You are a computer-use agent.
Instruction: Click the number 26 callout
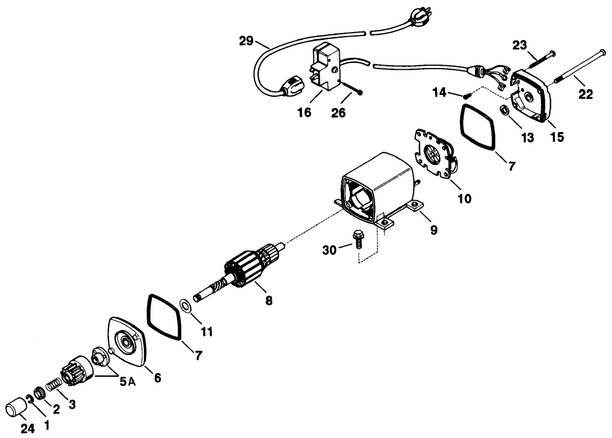click(339, 113)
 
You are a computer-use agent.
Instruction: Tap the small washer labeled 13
click(505, 110)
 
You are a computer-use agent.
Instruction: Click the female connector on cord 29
click(291, 90)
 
